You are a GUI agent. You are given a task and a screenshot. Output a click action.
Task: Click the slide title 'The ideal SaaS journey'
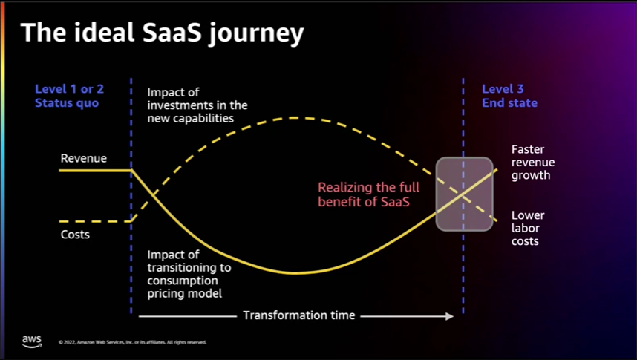[x=161, y=33]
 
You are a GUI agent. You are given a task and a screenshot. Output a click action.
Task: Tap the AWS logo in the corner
[x=32, y=341]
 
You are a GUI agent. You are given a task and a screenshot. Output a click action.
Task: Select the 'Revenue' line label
[x=83, y=158]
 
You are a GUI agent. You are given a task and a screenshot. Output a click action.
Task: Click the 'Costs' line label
[x=75, y=235]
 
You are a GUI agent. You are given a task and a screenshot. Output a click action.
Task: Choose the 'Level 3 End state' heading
[x=509, y=96]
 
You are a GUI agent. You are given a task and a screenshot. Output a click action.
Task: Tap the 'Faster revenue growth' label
[x=533, y=163]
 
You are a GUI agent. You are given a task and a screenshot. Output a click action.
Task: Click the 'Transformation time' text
[x=299, y=315]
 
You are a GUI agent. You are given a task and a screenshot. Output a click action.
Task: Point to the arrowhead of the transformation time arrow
[x=449, y=315]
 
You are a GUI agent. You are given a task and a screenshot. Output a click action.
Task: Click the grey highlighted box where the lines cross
[x=464, y=194]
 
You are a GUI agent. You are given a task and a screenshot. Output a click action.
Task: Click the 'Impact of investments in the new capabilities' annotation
[x=197, y=105]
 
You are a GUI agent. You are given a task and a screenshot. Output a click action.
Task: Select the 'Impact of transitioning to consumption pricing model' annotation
[x=189, y=275]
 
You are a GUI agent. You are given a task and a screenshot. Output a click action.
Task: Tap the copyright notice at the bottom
[x=132, y=342]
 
